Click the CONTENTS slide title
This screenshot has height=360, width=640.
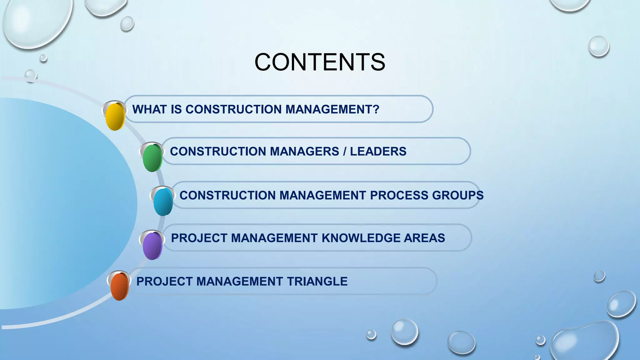(x=320, y=62)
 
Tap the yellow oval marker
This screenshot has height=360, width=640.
(x=115, y=117)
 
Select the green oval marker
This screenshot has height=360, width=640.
(x=152, y=158)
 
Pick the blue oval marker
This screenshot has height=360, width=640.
(x=163, y=202)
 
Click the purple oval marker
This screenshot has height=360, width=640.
(x=152, y=246)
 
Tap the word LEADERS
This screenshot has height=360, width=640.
(x=378, y=152)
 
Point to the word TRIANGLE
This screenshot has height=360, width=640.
(x=317, y=282)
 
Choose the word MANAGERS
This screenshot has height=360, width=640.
(x=304, y=152)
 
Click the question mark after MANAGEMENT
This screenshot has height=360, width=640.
(x=376, y=109)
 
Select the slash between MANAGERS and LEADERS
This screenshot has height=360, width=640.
(x=344, y=152)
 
